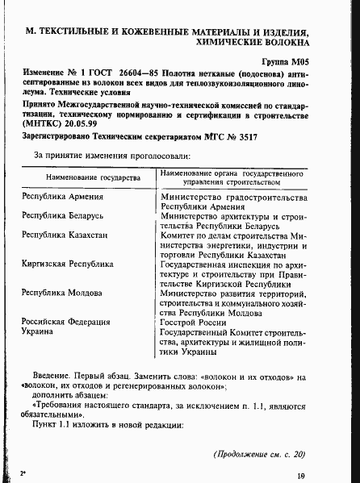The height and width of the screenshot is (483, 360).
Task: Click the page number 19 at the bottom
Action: (299, 476)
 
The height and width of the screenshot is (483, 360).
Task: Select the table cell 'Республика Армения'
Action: (62, 196)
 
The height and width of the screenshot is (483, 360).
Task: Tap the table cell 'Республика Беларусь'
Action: (64, 216)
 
